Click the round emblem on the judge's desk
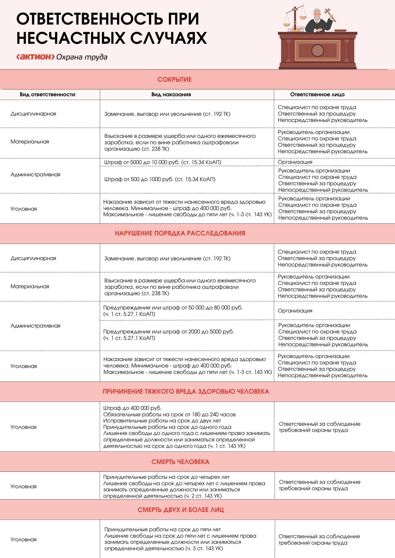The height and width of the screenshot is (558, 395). [x=317, y=50]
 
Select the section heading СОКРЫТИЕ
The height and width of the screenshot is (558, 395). [x=174, y=80]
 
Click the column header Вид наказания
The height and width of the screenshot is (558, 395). [x=171, y=95]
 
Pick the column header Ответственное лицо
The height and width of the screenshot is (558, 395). [x=317, y=95]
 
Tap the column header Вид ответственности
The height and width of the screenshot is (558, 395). [x=47, y=95]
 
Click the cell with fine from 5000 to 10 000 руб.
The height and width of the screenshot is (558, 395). [x=163, y=162]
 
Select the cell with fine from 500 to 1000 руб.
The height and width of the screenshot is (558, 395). [x=160, y=179]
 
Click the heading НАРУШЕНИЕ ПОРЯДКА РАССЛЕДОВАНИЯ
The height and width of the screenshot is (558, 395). [x=180, y=233]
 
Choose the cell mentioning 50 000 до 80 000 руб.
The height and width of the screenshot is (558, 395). [x=173, y=311]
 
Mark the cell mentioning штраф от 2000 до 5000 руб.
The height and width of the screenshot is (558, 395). [x=168, y=335]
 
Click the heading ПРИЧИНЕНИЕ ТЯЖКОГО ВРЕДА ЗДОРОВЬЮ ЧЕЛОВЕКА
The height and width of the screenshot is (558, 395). [x=186, y=391]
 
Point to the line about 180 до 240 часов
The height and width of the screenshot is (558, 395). [x=169, y=414]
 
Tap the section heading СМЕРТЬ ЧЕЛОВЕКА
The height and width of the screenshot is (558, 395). [x=180, y=462]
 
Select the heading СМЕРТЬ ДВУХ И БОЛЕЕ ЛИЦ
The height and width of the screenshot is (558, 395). [x=181, y=510]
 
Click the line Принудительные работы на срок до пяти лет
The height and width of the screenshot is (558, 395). [x=162, y=529]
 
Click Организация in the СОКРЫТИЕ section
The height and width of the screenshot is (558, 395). [x=295, y=162]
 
